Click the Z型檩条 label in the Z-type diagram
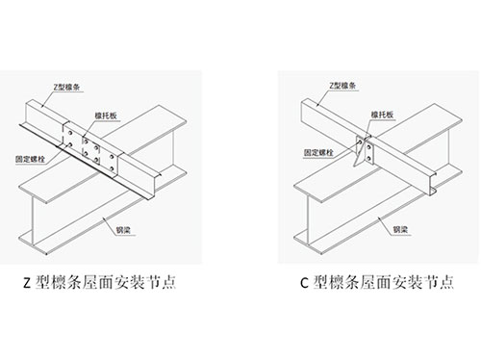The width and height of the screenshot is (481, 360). (66, 87)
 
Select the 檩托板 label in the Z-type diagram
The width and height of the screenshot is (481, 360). (106, 116)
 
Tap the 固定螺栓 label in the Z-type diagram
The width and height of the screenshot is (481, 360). (31, 159)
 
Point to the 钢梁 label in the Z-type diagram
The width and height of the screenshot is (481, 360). (123, 230)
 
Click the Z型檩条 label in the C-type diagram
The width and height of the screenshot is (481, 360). (342, 86)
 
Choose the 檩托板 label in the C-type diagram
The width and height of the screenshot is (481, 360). (382, 115)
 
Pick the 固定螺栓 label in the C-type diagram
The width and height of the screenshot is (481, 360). (318, 152)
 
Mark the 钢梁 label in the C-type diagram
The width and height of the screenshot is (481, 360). (400, 229)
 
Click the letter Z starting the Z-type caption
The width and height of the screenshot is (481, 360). (27, 283)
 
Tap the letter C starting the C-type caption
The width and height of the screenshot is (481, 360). (304, 283)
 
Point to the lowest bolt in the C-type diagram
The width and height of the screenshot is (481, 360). (369, 158)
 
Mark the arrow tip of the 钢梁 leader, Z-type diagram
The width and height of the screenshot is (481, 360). (103, 219)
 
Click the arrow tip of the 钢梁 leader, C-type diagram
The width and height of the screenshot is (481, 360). (378, 218)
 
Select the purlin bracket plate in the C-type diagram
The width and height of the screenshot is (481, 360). (364, 151)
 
